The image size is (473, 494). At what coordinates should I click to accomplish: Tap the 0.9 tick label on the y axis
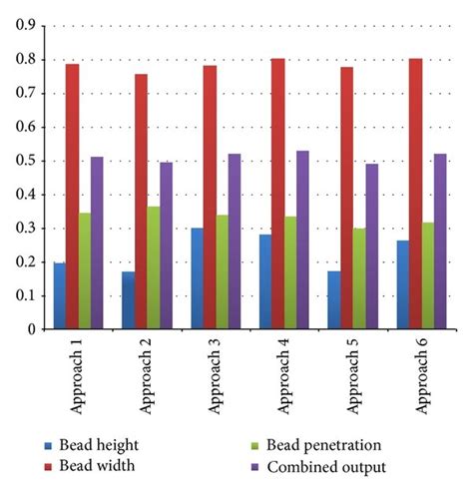click(21, 26)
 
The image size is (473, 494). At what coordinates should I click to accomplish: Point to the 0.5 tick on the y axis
click(21, 161)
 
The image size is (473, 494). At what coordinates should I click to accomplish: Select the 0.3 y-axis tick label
click(21, 229)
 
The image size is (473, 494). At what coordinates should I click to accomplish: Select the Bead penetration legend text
click(320, 445)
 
